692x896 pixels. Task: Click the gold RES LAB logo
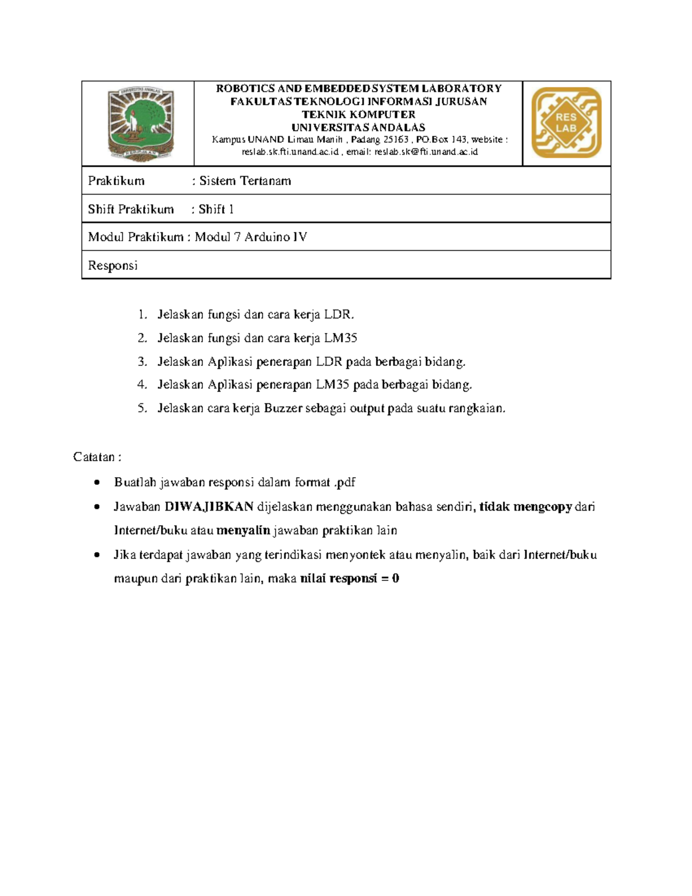coord(566,122)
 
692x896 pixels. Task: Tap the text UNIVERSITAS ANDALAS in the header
coord(358,127)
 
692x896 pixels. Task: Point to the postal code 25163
coord(396,140)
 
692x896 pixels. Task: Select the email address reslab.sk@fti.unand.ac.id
coord(426,152)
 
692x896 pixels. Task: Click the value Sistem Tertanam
coord(245,181)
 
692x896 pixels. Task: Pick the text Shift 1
coord(216,209)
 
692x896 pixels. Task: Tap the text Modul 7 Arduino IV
coord(251,237)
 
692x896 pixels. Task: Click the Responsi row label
coord(112,265)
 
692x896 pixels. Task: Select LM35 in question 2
coord(341,338)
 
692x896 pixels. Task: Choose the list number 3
coord(142,362)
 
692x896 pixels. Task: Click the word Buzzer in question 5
coord(283,408)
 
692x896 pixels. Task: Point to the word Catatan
coord(94,457)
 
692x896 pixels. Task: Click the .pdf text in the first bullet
coord(345,482)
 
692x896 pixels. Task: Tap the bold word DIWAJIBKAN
coord(209,507)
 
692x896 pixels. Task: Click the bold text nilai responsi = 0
coord(349,578)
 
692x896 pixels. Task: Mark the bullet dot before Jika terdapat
coord(97,554)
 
